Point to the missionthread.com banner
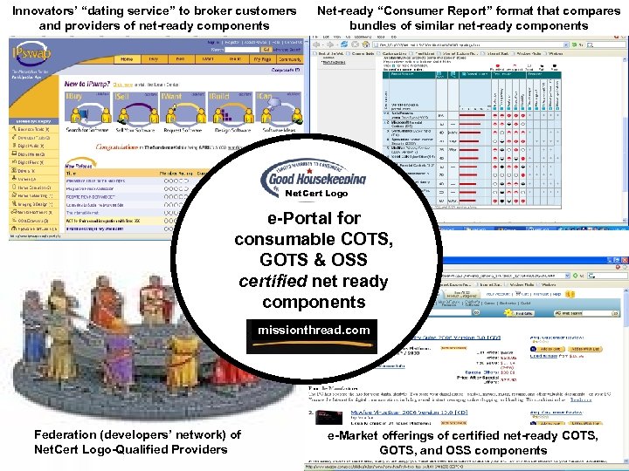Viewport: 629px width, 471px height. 314,331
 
